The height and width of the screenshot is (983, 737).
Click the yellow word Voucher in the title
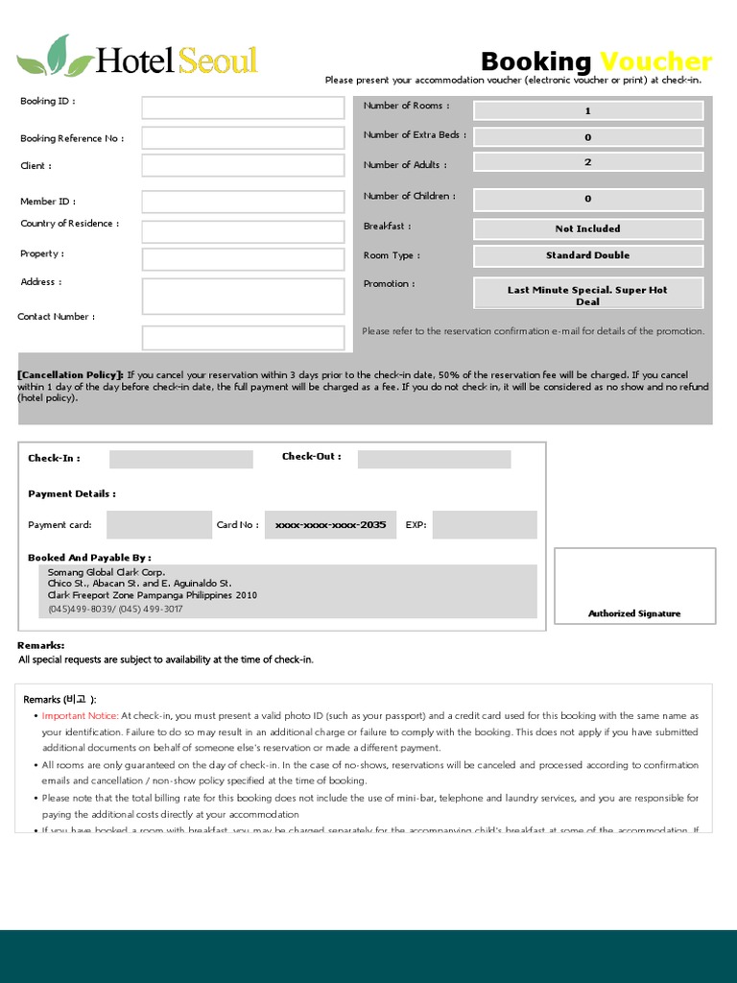point(655,62)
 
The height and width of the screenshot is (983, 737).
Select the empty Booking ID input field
point(243,108)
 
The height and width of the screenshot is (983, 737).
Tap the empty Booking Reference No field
point(243,137)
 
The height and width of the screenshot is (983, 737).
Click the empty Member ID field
point(243,202)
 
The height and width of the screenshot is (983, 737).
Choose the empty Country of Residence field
point(243,231)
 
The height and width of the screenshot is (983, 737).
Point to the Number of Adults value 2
point(588,162)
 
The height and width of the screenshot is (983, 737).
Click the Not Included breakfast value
point(588,228)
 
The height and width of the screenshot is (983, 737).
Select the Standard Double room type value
point(588,255)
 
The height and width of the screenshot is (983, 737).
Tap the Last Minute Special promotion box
point(588,294)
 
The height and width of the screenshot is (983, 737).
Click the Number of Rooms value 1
point(588,110)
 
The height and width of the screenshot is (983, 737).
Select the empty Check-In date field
point(181,459)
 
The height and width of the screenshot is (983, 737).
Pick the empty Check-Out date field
point(434,459)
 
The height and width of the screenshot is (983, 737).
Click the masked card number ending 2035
point(330,525)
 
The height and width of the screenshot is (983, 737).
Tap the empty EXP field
point(485,525)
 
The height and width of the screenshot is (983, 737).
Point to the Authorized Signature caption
point(634,613)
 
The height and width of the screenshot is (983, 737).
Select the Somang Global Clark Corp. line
point(107,571)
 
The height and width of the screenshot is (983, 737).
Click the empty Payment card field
point(158,525)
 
